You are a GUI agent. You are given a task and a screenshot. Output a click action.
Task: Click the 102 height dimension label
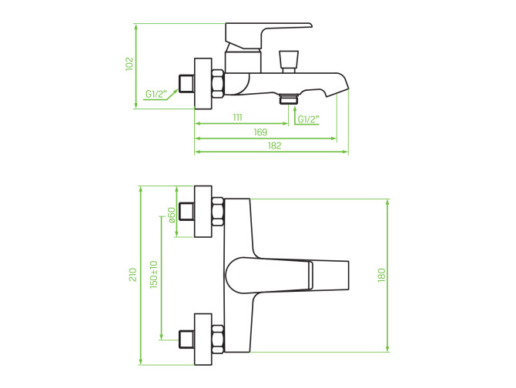point(129,64)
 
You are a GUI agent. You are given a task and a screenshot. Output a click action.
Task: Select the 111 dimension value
point(238,117)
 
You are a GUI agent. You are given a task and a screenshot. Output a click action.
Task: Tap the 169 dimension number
point(260,132)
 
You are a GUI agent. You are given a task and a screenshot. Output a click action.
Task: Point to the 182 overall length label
point(274,145)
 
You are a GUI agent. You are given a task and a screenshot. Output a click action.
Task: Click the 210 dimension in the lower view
point(132,275)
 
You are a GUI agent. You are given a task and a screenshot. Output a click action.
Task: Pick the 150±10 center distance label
point(154,275)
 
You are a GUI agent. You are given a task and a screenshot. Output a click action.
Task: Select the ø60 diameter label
point(172,215)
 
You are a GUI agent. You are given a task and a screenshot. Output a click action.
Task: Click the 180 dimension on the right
point(381,275)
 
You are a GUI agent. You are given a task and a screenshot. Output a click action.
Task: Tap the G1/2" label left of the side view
point(156,94)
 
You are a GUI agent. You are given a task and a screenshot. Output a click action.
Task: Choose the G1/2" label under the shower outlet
point(308,119)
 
